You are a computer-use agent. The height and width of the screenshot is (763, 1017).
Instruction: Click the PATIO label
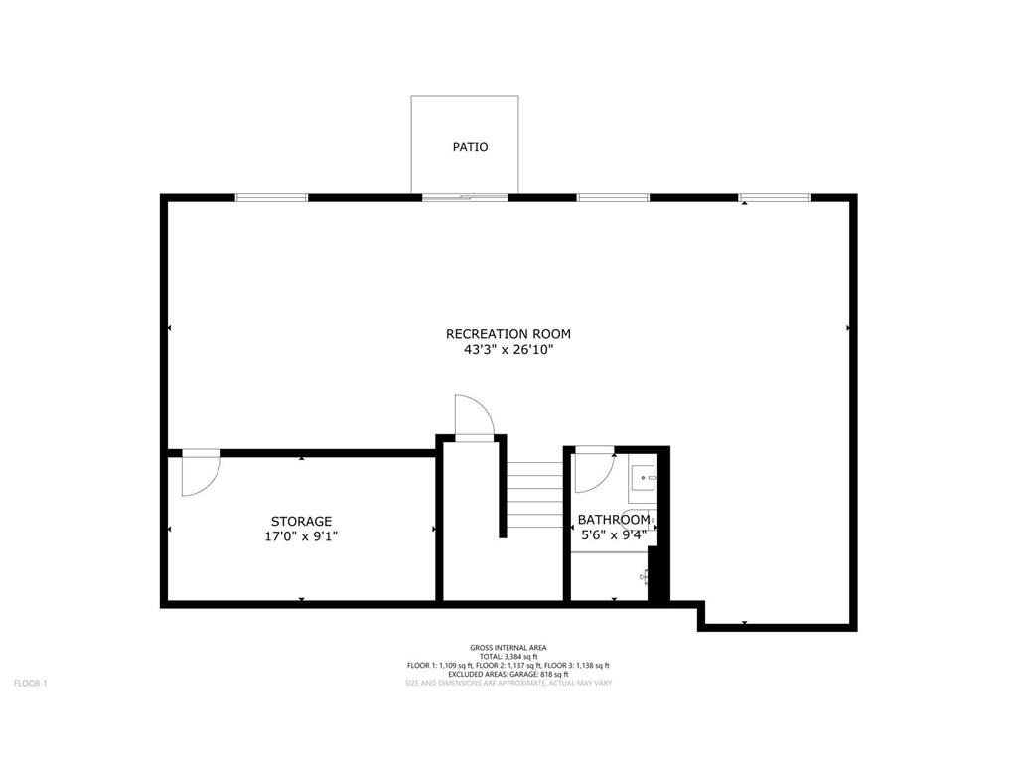click(x=471, y=147)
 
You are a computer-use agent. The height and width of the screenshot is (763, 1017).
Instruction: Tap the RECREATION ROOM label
click(x=508, y=334)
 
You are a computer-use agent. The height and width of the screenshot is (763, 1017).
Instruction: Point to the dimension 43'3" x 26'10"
click(x=508, y=350)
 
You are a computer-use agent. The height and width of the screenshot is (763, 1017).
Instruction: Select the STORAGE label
click(x=301, y=521)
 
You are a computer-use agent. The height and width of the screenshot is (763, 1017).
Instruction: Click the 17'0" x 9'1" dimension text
click(x=301, y=536)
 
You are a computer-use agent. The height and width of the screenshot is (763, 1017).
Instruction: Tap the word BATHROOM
click(x=614, y=519)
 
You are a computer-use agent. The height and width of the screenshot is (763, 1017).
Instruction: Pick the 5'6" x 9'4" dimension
click(x=614, y=534)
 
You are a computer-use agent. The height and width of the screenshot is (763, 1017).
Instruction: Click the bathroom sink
click(x=644, y=478)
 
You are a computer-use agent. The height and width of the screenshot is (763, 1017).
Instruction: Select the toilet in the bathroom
click(x=641, y=520)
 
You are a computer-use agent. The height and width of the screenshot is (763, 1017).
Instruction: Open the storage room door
click(x=201, y=473)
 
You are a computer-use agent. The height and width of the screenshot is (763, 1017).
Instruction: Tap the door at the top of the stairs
click(x=473, y=416)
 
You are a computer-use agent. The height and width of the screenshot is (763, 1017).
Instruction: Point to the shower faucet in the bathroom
click(x=646, y=576)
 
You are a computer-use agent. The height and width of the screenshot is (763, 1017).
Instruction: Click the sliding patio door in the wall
click(x=465, y=197)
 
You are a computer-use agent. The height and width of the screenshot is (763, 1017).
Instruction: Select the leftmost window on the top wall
click(x=271, y=197)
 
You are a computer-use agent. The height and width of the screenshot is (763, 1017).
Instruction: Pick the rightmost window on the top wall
click(x=775, y=197)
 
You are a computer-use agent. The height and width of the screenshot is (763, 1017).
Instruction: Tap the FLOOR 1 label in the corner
click(x=30, y=683)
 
